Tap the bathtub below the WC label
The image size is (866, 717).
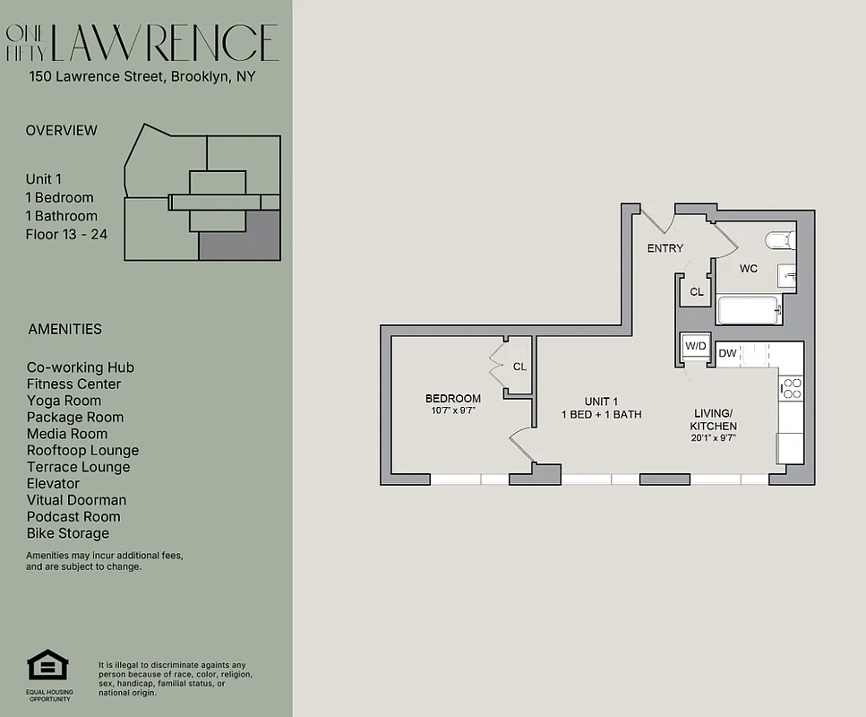[750, 310]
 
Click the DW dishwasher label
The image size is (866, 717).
[727, 353]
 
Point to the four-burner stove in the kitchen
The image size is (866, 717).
[792, 387]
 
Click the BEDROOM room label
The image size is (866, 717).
[452, 399]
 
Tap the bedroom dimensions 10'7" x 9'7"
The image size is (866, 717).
[452, 411]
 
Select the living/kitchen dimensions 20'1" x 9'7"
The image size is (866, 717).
[714, 438]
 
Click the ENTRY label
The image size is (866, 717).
[665, 248]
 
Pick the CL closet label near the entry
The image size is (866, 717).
[696, 292]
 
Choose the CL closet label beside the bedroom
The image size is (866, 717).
[519, 367]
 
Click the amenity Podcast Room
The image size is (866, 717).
[73, 516]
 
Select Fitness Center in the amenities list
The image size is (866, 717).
[73, 384]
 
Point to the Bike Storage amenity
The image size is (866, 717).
[68, 533]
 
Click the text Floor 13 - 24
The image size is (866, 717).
[67, 234]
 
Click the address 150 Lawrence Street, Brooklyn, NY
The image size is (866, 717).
[142, 76]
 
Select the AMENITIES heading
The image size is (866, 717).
[64, 329]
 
